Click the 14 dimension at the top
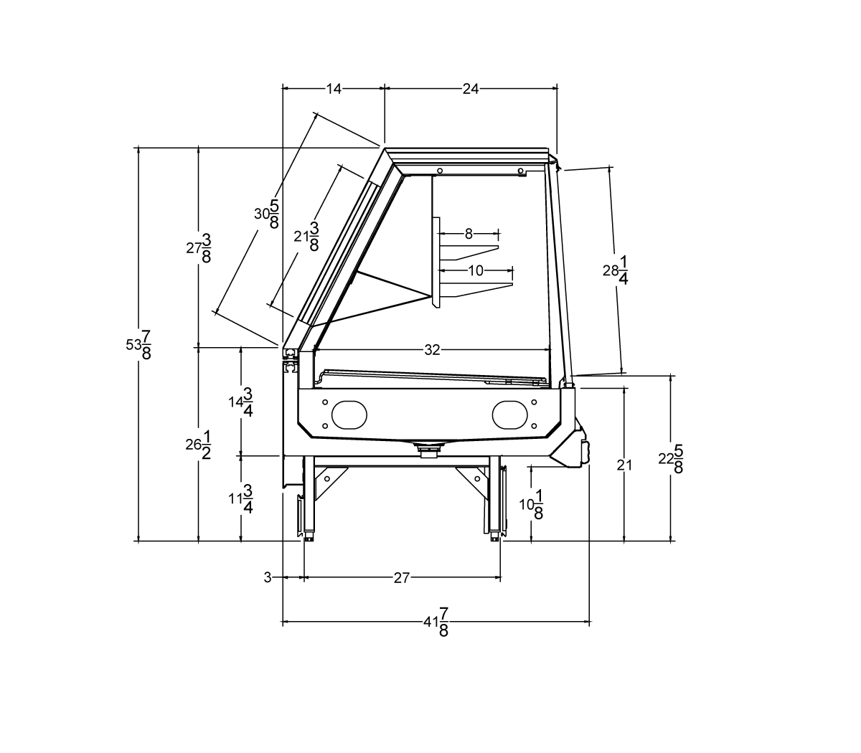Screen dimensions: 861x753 (x=334, y=89)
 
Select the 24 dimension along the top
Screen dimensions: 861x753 (x=471, y=89)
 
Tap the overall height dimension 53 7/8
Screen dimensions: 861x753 (x=138, y=345)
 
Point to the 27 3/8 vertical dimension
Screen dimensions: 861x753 (x=199, y=248)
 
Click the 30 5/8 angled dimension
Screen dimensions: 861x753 (x=267, y=214)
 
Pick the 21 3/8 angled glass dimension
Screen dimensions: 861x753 (x=306, y=237)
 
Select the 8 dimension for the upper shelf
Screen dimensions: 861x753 (x=469, y=234)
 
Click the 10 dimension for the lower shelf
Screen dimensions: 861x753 (x=476, y=270)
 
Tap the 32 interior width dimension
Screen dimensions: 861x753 (x=432, y=349)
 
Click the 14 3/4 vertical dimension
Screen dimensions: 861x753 (x=240, y=402)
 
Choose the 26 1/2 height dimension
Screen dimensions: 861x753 (x=199, y=445)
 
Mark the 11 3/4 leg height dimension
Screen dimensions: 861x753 (x=240, y=498)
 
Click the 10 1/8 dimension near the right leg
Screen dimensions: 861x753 (x=531, y=504)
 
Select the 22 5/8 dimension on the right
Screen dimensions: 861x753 (x=671, y=458)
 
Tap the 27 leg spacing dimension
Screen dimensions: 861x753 (x=402, y=578)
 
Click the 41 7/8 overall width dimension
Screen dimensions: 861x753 (x=436, y=622)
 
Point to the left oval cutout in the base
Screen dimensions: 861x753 (x=349, y=415)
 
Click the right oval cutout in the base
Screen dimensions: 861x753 (x=509, y=415)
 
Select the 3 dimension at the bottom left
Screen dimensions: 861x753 (x=268, y=578)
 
